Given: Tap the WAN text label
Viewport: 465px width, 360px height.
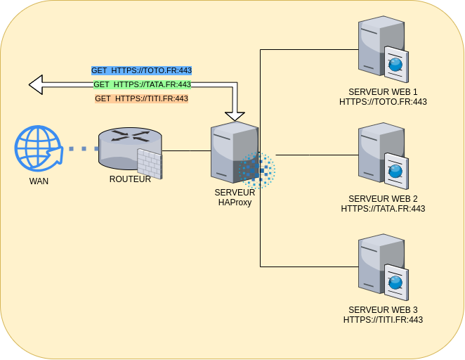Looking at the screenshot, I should coord(39,181).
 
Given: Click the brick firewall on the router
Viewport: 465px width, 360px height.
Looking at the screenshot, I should coord(149,164).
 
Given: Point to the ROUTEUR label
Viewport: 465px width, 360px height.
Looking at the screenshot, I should coord(130,179).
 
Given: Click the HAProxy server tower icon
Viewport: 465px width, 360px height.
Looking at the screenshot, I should coord(233,152).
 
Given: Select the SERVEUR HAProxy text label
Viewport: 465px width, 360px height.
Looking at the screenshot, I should coord(234,197).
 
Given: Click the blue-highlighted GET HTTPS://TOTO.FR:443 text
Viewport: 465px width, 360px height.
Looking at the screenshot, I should coord(141,71).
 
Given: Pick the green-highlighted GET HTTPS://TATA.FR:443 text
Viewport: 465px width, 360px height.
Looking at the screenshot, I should coord(142,84).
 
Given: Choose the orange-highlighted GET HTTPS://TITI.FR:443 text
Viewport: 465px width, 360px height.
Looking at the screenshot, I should coord(141,98).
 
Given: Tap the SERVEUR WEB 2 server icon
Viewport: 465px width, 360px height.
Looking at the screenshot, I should coord(381,156).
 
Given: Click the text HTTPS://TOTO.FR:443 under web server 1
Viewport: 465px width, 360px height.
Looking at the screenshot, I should coord(383,101).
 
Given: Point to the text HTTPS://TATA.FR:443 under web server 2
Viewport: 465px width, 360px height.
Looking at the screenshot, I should coord(383,208).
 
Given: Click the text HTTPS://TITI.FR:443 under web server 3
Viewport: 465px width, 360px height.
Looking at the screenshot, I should coord(383,319).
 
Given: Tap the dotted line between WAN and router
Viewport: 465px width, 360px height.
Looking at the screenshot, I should coord(79,149).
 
